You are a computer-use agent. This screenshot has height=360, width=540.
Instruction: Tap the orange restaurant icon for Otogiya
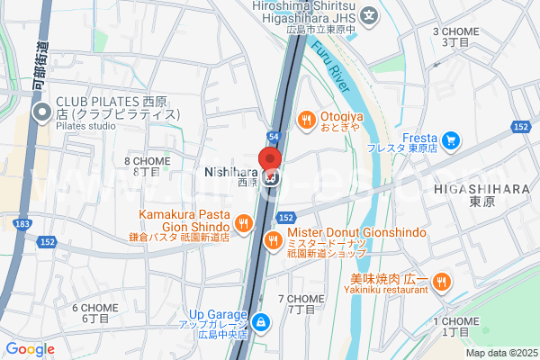(306, 119)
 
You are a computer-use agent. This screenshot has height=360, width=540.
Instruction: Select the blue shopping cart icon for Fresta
(451, 139)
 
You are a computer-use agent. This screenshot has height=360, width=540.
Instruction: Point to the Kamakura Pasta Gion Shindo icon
(243, 223)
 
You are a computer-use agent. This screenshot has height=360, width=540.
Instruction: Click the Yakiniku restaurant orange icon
(441, 283)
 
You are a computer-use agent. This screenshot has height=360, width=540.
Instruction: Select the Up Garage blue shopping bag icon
(260, 320)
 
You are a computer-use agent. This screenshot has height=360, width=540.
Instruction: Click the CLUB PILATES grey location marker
(41, 113)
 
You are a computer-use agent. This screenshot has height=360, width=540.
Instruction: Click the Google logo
(30, 348)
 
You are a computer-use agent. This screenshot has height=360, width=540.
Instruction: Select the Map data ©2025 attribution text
(499, 353)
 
